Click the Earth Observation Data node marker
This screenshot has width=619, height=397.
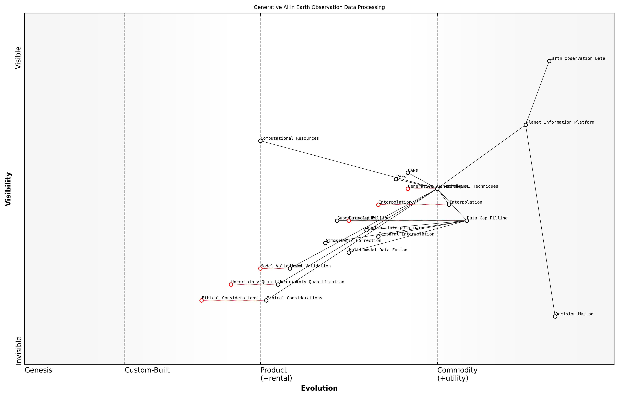tap(549, 61)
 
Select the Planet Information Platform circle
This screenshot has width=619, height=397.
tap(526, 125)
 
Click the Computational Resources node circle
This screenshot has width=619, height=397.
tap(260, 141)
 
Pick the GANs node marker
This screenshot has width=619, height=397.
tap(408, 173)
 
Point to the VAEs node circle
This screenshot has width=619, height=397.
tap(396, 179)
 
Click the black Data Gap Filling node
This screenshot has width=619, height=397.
tap(467, 221)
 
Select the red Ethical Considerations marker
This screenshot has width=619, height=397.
tap(201, 301)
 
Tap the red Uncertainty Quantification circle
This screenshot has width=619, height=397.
tap(231, 285)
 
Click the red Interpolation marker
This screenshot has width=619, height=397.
tap(378, 205)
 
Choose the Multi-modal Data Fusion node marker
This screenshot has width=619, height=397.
tap(349, 253)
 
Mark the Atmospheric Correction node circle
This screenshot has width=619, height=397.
tap(325, 243)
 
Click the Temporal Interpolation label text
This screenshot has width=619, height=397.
tap(407, 234)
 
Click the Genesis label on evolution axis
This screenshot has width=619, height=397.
tap(38, 370)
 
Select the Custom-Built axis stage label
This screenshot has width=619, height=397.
tap(147, 370)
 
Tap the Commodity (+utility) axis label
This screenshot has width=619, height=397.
tap(457, 374)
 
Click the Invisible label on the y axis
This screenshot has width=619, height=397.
tap(18, 351)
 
